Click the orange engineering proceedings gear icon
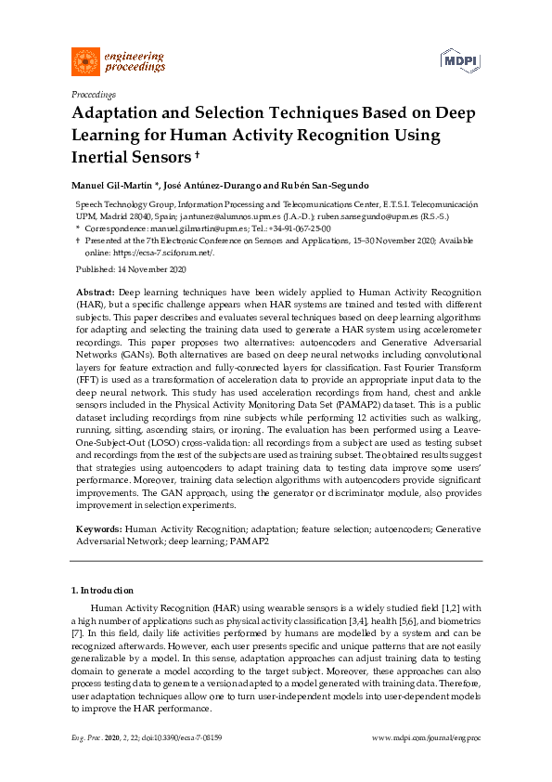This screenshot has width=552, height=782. tap(85, 61)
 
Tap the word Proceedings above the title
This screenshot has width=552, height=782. tap(93, 95)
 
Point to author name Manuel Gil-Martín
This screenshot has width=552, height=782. tap(111, 184)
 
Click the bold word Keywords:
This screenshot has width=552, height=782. tap(98, 528)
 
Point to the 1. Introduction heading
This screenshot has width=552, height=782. tap(102, 591)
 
